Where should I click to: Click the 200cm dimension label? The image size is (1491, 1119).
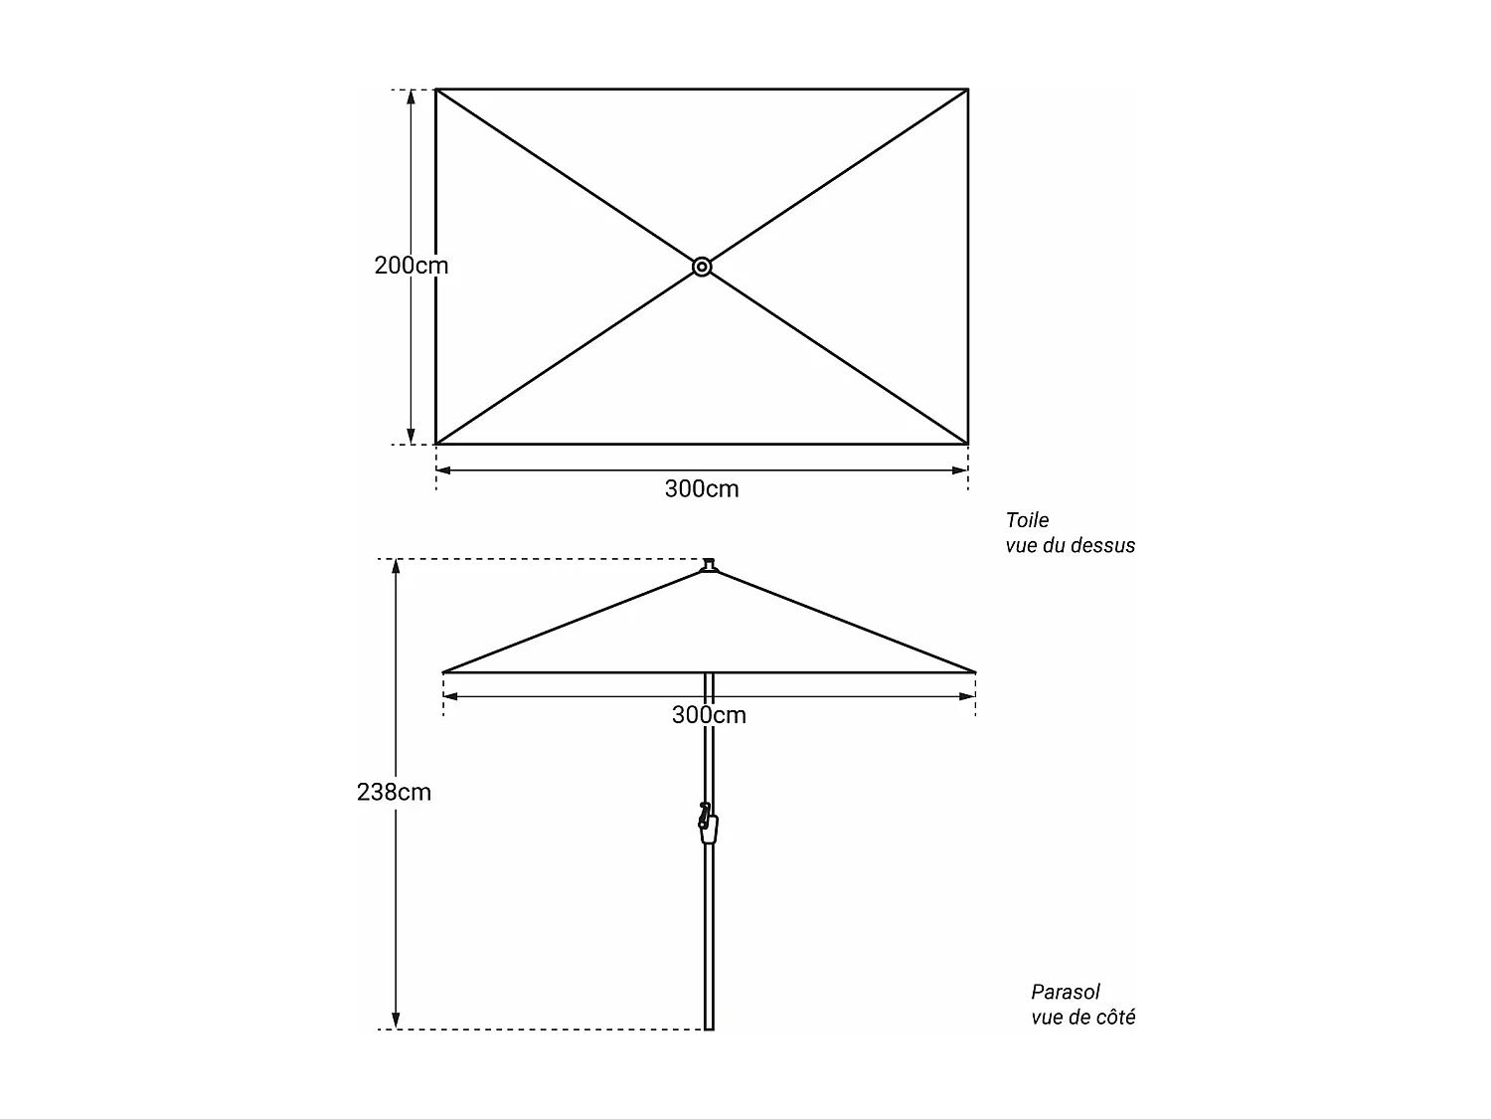(411, 266)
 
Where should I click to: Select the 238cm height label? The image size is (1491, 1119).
(394, 792)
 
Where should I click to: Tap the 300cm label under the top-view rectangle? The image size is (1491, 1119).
(702, 488)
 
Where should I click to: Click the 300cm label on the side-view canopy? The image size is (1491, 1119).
(709, 714)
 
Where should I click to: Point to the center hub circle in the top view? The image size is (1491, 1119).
(702, 267)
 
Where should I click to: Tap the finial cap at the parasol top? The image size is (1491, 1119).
(709, 566)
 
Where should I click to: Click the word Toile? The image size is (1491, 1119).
(1027, 520)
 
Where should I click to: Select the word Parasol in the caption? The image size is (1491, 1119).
(1066, 992)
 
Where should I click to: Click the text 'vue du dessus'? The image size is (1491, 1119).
(1070, 545)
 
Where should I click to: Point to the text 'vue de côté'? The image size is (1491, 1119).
(1082, 1017)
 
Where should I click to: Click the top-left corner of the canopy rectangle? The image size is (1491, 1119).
(436, 90)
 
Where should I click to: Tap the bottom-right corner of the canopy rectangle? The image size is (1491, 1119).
(967, 444)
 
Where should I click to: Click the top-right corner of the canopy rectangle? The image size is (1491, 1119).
(967, 90)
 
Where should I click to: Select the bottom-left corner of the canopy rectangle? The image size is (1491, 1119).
(436, 444)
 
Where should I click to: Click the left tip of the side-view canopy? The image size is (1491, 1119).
(443, 672)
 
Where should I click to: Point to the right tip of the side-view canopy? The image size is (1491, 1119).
(975, 672)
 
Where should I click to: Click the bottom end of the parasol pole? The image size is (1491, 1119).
(709, 1027)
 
